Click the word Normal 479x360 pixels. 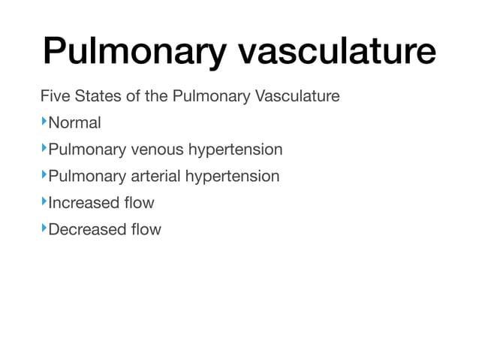click(74, 123)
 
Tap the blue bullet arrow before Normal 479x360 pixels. click(44, 122)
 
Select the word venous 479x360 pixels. click(156, 150)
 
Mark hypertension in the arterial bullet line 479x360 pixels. click(232, 177)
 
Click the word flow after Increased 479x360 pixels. click(140, 203)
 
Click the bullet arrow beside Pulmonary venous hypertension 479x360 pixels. click(44, 148)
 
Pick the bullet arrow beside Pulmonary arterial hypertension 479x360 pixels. click(44, 175)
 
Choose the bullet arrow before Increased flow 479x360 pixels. click(44, 201)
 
